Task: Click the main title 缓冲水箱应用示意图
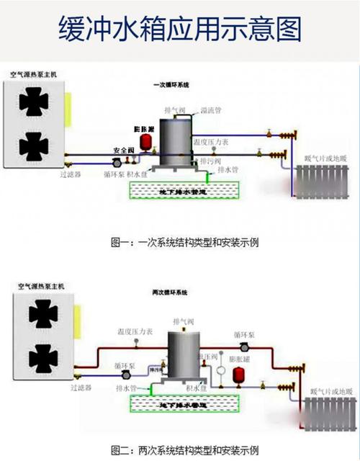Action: [x=179, y=30]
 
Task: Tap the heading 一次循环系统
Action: [x=171, y=86]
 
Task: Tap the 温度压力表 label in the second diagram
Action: [x=135, y=332]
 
